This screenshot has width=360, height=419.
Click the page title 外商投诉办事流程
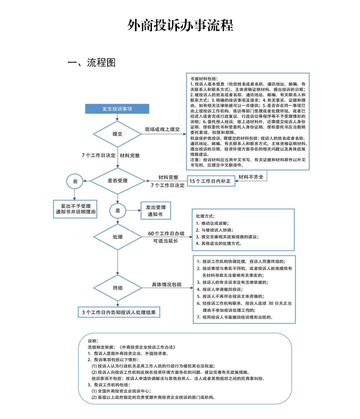[180, 25]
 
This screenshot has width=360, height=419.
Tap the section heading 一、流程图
[92, 63]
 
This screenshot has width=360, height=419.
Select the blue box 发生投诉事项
[117, 109]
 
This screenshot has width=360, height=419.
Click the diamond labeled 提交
[117, 134]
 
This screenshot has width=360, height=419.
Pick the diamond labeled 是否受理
[117, 181]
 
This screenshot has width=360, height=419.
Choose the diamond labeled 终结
[117, 288]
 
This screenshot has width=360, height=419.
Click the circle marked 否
[75, 181]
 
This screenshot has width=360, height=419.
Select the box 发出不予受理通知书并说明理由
[75, 209]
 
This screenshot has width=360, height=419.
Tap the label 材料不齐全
[251, 177]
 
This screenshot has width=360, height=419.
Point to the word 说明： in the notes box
[93, 340]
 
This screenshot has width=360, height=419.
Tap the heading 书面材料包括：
[204, 79]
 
